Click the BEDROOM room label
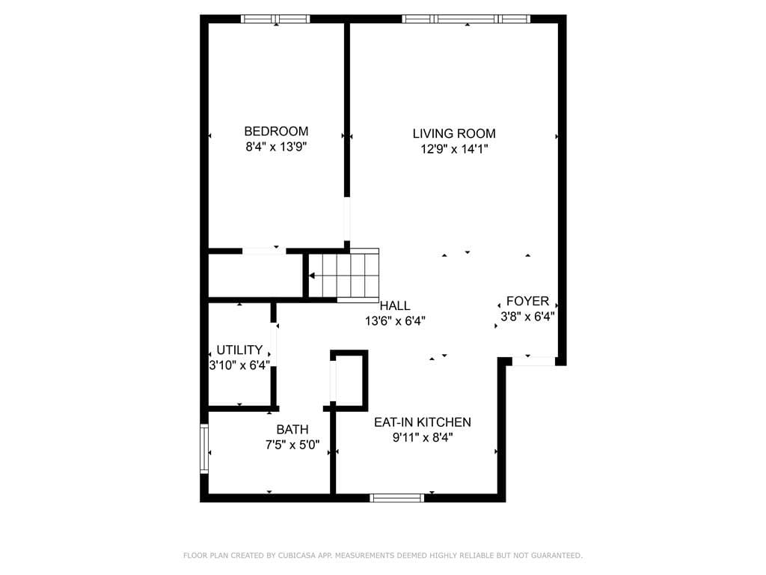276,131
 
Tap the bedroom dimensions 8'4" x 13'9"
276,147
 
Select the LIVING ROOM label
454,133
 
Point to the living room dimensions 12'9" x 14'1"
454,149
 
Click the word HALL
395,305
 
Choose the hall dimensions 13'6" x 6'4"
395,321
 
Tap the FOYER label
527,301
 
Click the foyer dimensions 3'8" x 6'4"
527,317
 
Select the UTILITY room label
239,350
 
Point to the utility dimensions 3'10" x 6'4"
239,365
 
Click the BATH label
292,430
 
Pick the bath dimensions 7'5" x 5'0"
292,445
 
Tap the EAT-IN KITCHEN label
423,422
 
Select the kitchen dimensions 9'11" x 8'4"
423,438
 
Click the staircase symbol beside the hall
344,275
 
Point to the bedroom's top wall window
275,19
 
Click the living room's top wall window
466,19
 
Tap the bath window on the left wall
203,448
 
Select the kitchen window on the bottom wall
397,497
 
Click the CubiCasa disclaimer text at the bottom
383,556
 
